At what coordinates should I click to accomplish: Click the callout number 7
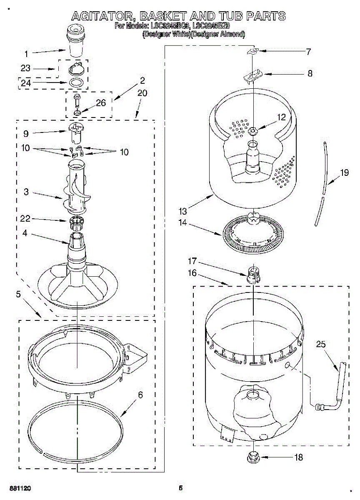[x=308, y=52]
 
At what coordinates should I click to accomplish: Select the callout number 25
[x=321, y=344]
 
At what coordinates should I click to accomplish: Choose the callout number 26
[x=100, y=102]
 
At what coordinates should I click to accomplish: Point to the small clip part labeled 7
[x=253, y=51]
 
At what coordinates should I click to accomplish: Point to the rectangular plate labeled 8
[x=254, y=75]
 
